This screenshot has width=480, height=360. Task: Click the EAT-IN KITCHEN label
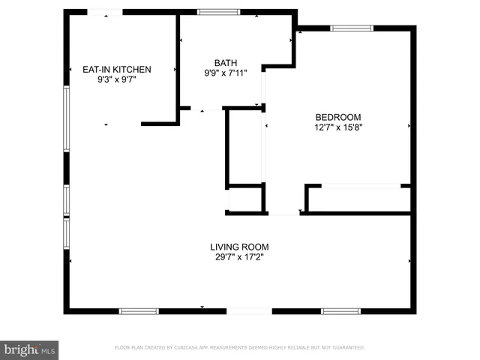(x=116, y=70)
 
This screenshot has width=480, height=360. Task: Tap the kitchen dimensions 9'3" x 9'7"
(x=116, y=79)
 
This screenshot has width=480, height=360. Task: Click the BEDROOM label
(x=338, y=117)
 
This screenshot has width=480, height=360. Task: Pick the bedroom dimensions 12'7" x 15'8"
(x=338, y=127)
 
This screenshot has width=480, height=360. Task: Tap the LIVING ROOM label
(x=239, y=247)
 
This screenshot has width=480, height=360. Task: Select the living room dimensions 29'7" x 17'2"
(x=239, y=257)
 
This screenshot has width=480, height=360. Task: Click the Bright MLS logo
(x=29, y=349)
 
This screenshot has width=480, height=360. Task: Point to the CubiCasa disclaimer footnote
(x=239, y=348)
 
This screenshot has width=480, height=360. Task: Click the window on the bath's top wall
(x=219, y=12)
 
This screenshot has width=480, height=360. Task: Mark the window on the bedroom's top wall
(x=352, y=28)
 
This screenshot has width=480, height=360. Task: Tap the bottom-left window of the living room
(x=139, y=310)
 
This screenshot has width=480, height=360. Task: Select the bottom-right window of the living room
(x=340, y=310)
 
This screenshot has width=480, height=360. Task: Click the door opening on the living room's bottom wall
(x=249, y=310)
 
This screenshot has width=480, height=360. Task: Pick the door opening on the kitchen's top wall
(x=106, y=12)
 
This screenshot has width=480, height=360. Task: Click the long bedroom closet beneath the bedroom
(x=359, y=199)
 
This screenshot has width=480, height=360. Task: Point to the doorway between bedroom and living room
(x=283, y=214)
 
